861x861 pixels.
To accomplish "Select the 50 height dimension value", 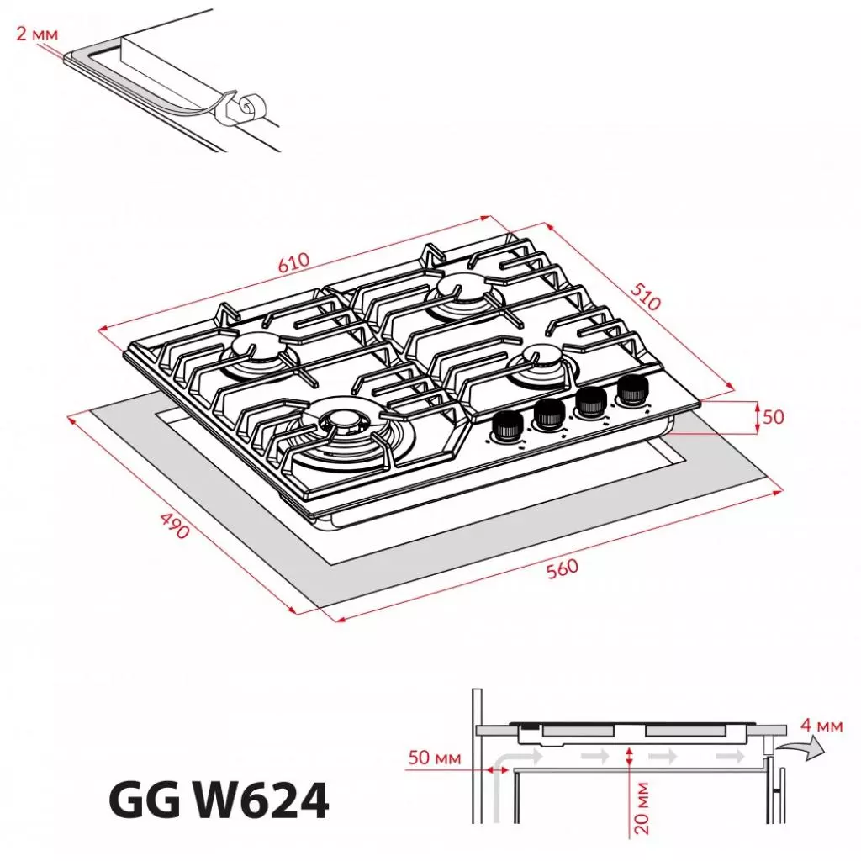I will pos(774,417).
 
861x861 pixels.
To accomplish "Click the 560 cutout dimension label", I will pos(563,568).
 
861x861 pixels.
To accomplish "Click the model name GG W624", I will pos(219,801).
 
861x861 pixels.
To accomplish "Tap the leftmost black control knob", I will pos(505,425).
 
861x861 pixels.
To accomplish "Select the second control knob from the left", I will pos(548,414).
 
